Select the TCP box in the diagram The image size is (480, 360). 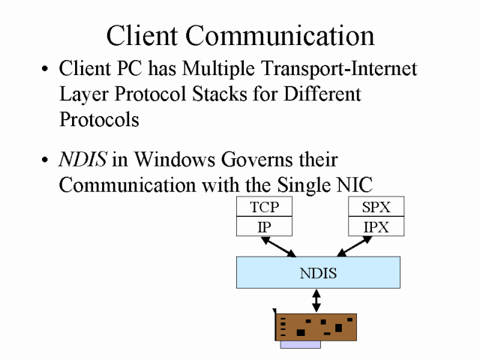[264, 207]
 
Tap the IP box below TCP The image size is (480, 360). [264, 226]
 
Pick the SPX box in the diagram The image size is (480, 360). [376, 207]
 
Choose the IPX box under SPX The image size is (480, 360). [376, 226]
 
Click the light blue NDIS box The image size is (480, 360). [318, 272]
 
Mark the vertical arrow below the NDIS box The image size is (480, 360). [316, 301]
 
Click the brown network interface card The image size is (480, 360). [316, 327]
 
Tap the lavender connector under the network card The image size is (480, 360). [300, 345]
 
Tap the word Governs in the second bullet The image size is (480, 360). [253, 160]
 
